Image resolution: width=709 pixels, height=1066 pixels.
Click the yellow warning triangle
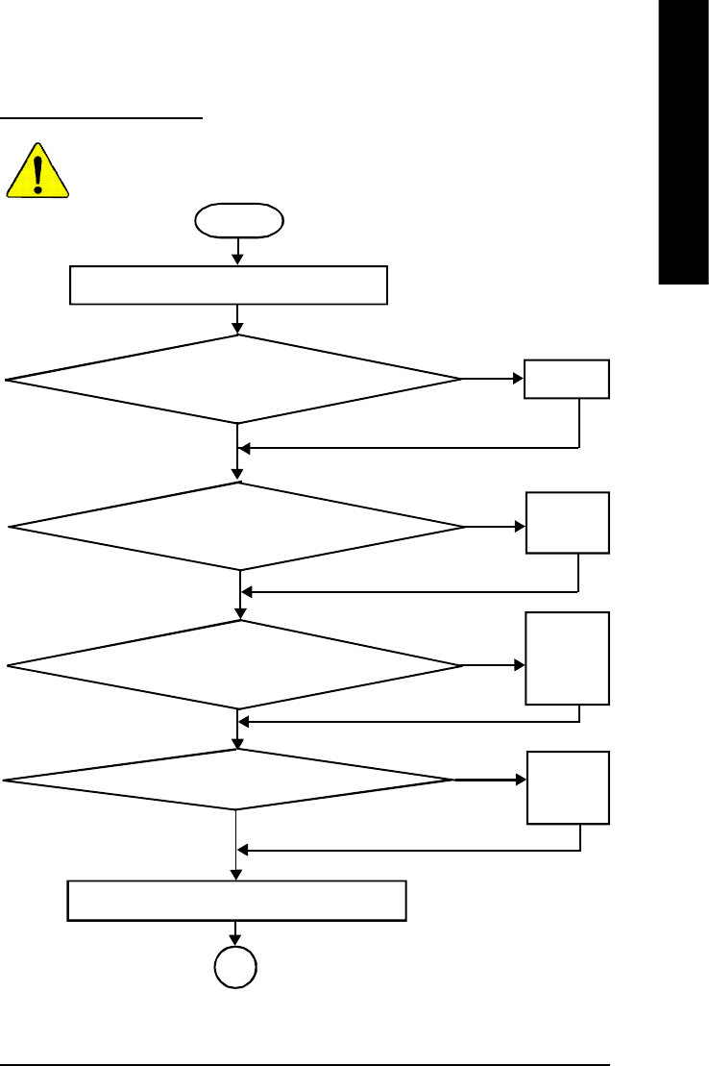tap(37, 173)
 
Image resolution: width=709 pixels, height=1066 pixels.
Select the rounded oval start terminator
tap(239, 220)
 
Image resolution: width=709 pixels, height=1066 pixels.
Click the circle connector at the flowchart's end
tap(236, 968)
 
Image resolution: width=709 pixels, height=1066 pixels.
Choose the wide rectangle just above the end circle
tap(236, 900)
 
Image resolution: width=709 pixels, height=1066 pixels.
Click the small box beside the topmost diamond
tap(567, 379)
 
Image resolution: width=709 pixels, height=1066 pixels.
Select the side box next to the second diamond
tap(568, 523)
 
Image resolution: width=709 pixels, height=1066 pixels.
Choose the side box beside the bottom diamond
tap(568, 787)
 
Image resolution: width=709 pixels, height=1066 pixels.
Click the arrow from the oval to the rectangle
tap(237, 251)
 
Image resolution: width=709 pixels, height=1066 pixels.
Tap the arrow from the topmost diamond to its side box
tap(493, 379)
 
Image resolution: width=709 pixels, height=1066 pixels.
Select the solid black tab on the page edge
tap(683, 144)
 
